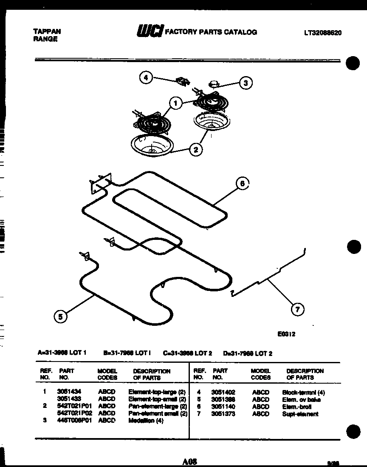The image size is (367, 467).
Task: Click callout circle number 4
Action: (x=146, y=78)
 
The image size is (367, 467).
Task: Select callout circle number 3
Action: (x=246, y=83)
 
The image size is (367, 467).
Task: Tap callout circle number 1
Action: (x=175, y=103)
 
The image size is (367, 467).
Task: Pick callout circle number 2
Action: (x=196, y=149)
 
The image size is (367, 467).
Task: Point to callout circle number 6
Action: (x=242, y=184)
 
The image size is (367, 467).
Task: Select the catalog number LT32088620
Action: (x=322, y=32)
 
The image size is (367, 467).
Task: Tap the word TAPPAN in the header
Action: (x=47, y=31)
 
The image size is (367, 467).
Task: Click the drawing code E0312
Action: (x=287, y=334)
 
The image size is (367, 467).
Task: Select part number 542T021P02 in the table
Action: (x=74, y=413)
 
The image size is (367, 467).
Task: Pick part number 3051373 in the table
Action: (x=223, y=414)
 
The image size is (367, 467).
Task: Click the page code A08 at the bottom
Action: (x=189, y=461)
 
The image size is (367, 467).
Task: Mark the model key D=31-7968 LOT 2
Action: (x=248, y=353)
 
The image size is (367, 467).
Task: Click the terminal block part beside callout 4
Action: (x=183, y=81)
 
